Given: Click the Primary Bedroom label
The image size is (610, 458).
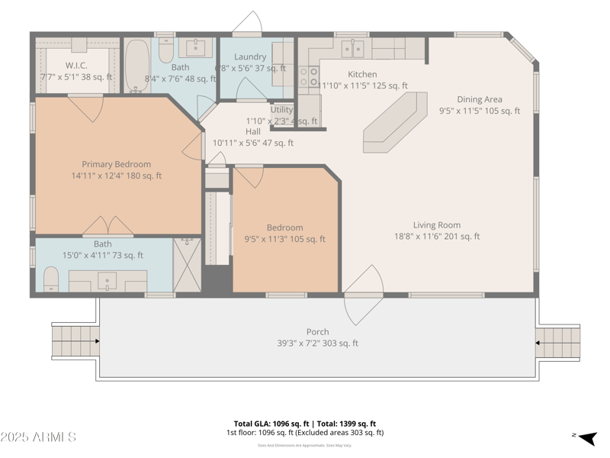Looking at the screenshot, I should point(116,164).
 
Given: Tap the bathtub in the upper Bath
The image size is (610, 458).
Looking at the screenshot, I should point(137,66).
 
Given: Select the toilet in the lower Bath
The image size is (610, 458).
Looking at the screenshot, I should point(50,279).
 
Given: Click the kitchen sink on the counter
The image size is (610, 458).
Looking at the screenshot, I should point(352,49).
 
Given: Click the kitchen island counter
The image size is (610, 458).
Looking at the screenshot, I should point(395,122).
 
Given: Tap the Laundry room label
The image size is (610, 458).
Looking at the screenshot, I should point(250,56).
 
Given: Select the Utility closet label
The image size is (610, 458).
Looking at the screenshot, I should point(281,109).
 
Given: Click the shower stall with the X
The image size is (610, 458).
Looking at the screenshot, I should point(187,265).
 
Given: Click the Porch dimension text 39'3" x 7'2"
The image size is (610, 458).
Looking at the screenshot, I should point(317,343).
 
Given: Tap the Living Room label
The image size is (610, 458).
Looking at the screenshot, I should point(436,224).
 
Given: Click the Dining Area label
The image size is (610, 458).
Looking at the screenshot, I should point(479,99).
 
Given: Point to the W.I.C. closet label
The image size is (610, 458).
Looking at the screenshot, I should point(75,66).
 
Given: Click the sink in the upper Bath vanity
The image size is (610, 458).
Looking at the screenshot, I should point(197,48).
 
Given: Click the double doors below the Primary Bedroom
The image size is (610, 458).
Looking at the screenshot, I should point(108,226).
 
